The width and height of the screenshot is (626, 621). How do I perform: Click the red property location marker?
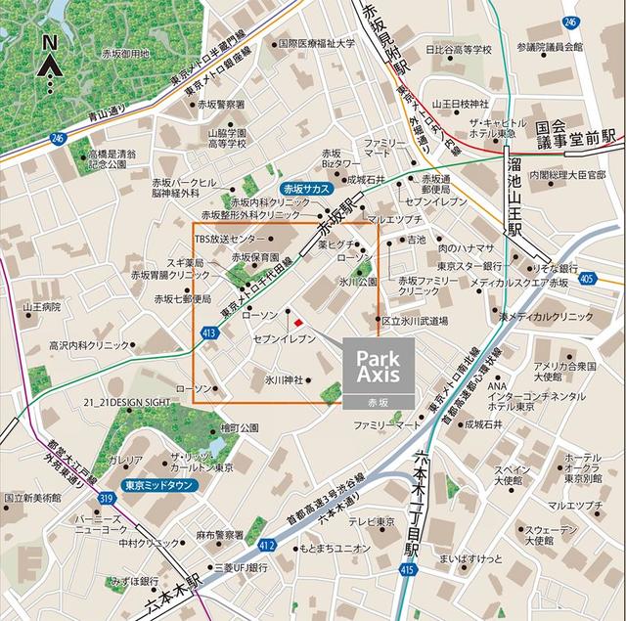point(299,320)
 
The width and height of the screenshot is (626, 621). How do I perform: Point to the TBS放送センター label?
point(229,239)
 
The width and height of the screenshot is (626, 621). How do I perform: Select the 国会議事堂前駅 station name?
point(580,135)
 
